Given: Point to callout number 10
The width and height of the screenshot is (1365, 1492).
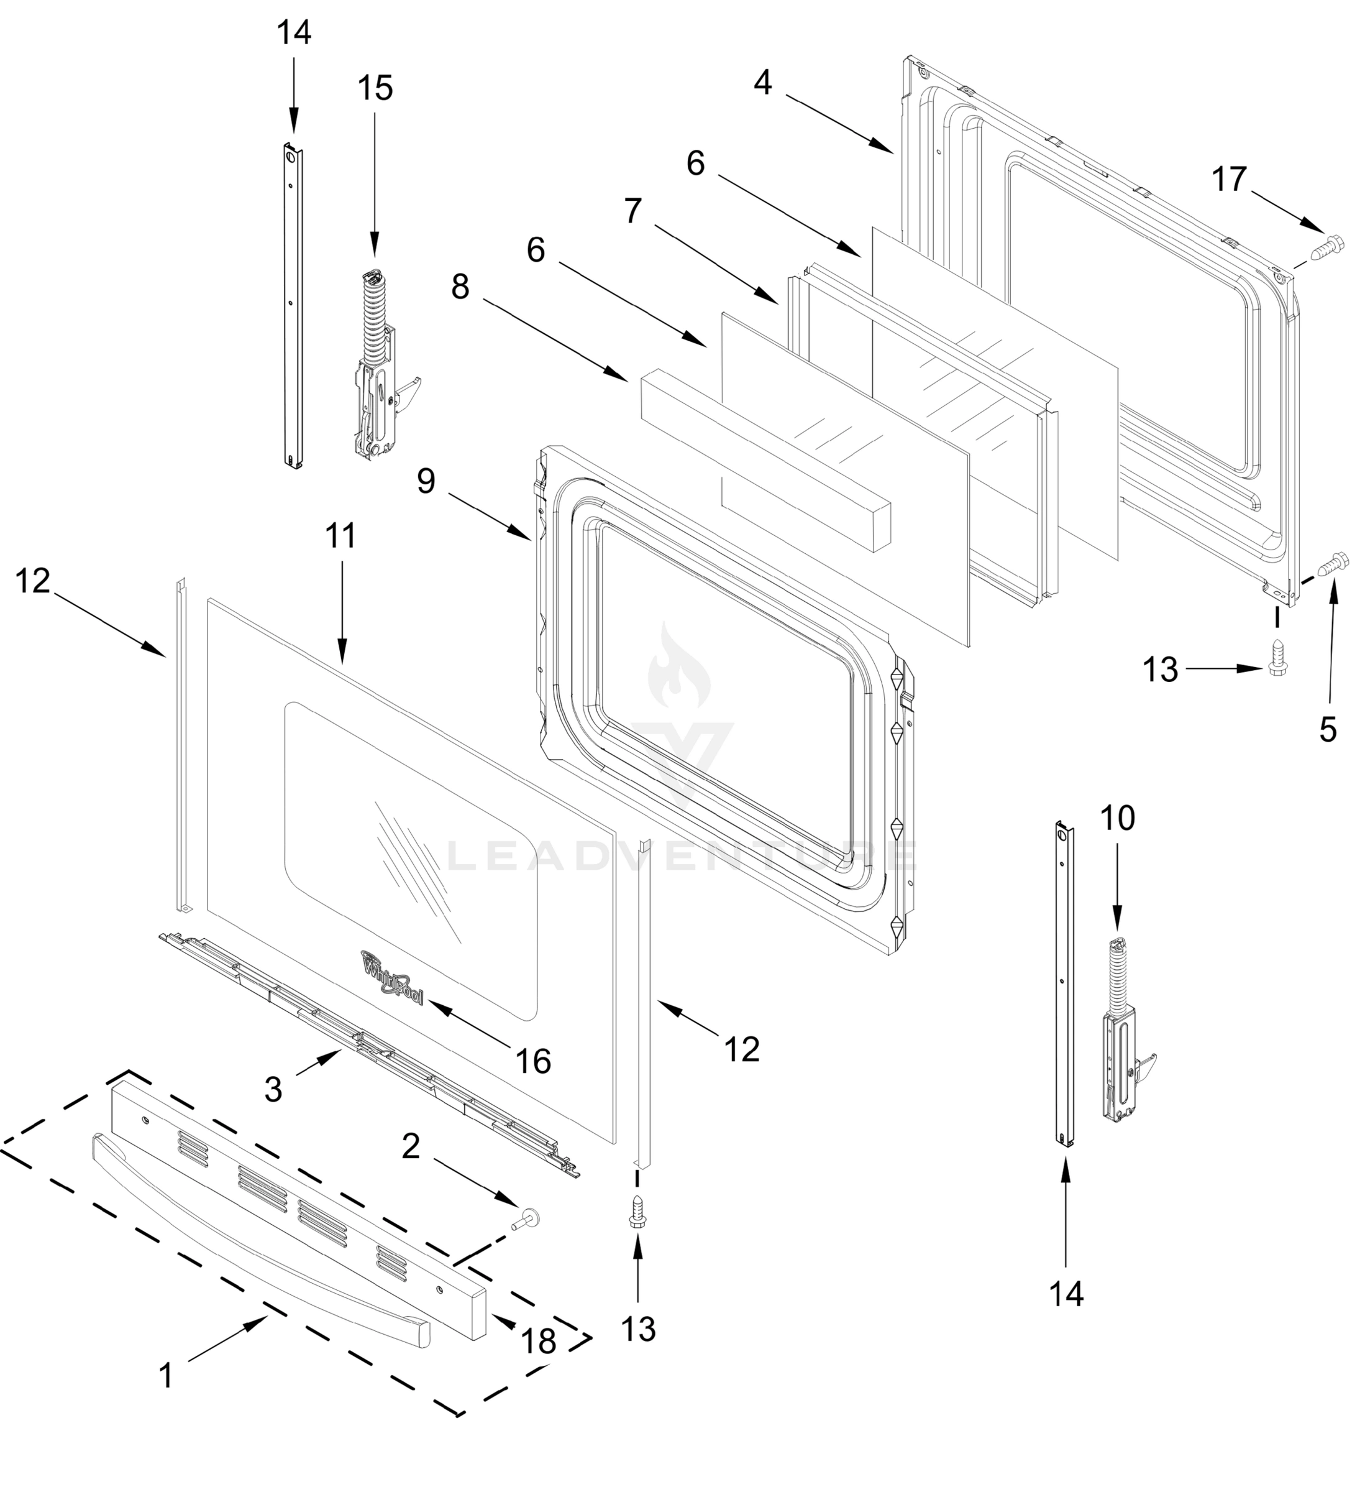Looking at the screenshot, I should tap(1117, 819).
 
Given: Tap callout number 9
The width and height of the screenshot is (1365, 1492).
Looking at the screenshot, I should tap(426, 481).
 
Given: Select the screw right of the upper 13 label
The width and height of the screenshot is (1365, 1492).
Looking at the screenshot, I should tap(1276, 656).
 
